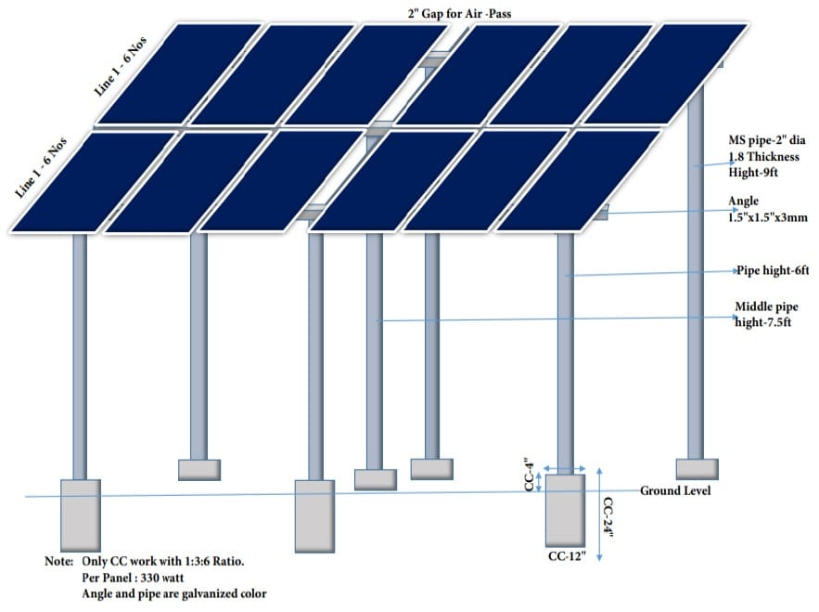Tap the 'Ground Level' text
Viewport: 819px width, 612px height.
675,490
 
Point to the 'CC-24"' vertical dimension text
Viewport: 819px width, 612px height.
609,515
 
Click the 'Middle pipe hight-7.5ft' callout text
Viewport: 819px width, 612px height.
765,314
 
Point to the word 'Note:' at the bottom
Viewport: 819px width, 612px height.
59,562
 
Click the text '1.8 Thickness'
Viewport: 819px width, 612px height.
764,157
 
